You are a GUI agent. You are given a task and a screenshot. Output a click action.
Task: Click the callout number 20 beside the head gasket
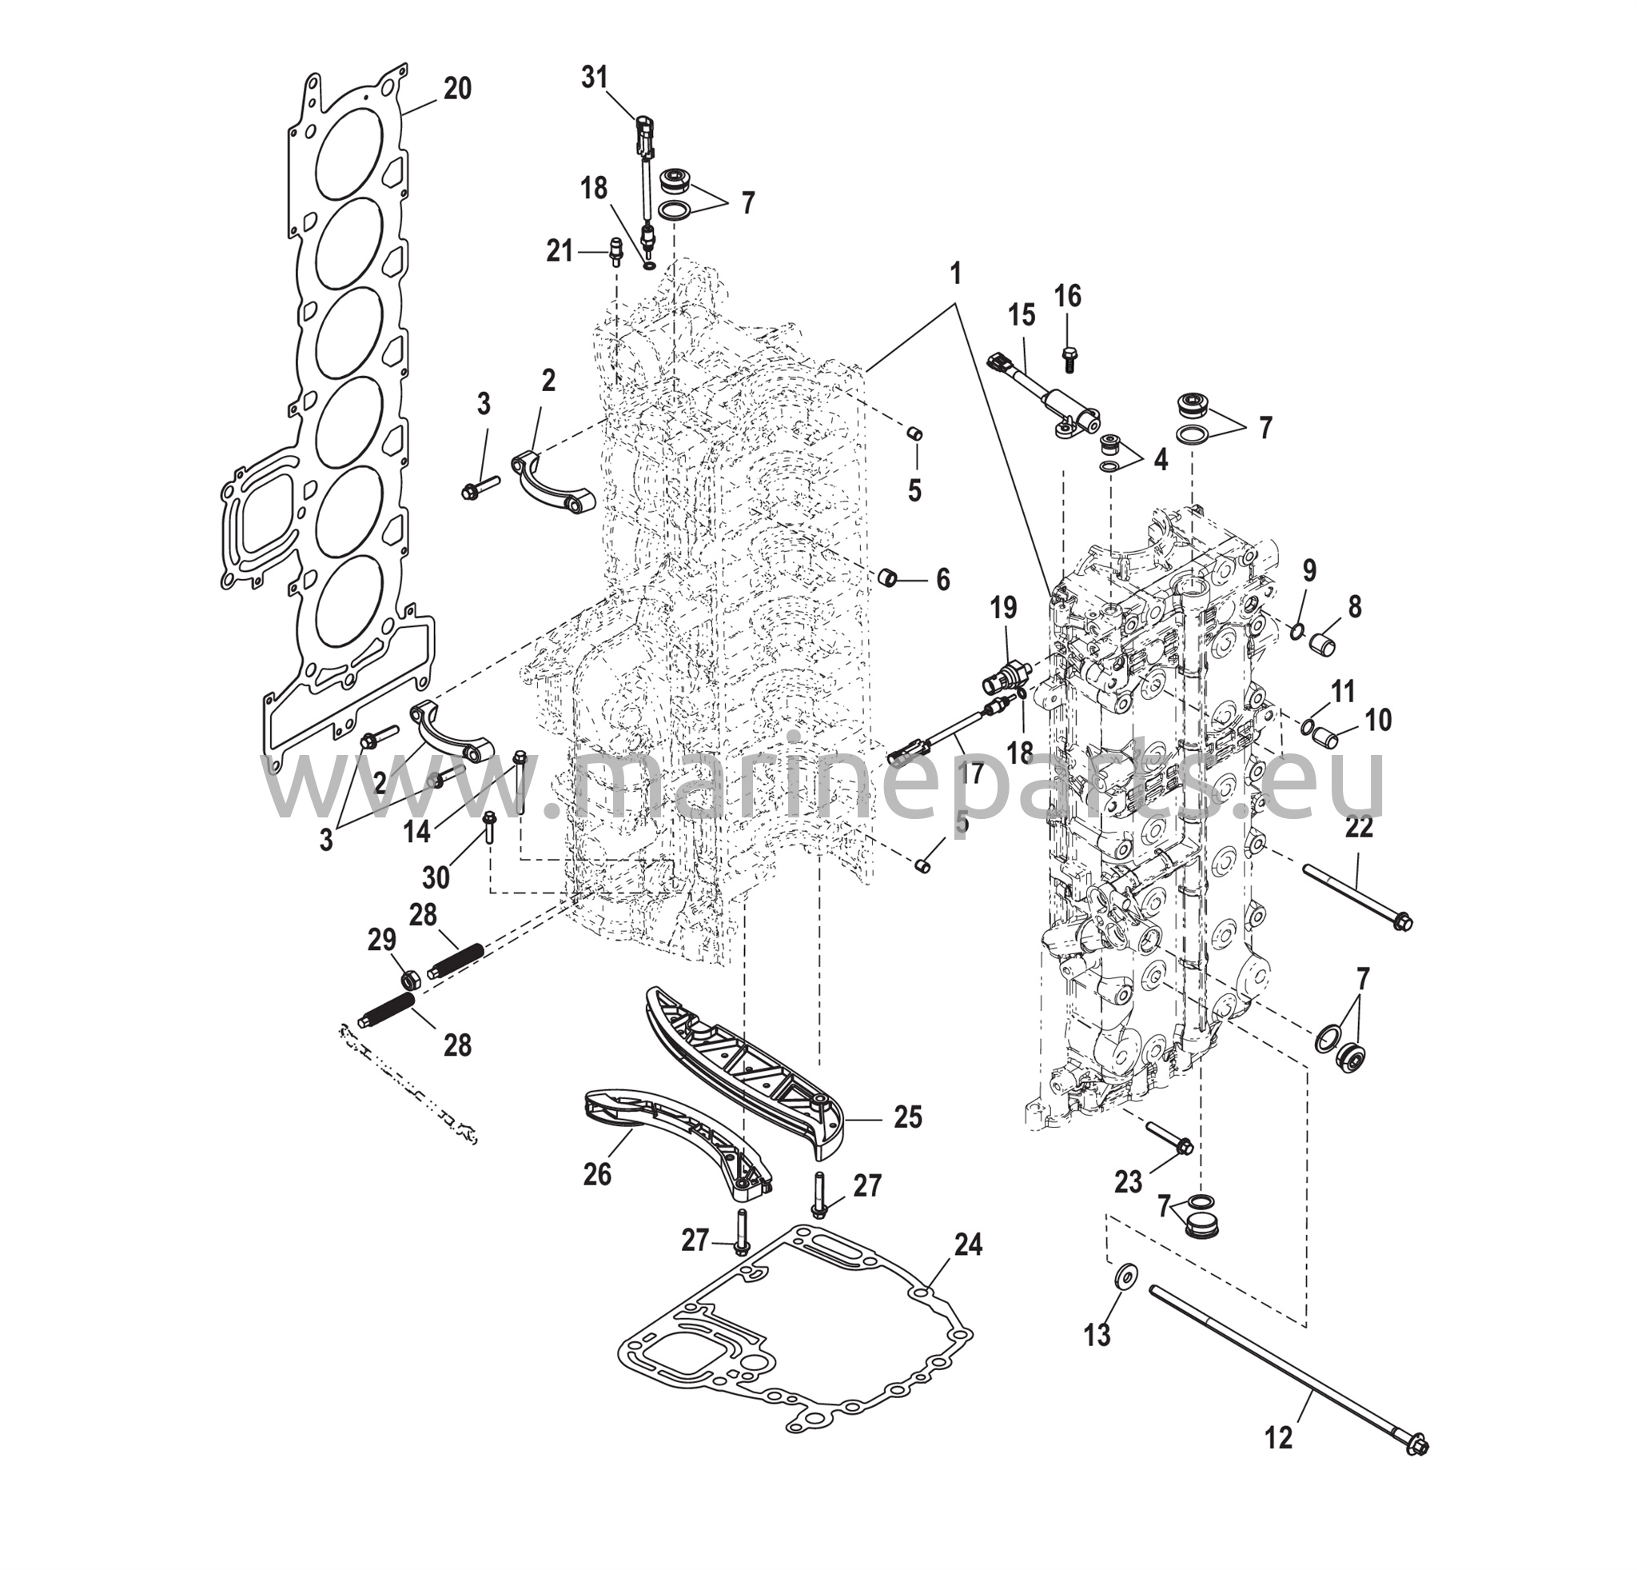[457, 89]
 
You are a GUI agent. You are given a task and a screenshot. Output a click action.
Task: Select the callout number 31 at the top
[594, 77]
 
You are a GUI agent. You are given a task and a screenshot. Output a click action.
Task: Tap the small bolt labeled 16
[1069, 359]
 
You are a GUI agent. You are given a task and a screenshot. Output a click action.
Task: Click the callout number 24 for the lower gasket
[968, 1245]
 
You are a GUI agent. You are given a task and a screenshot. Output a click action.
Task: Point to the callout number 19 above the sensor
[1004, 609]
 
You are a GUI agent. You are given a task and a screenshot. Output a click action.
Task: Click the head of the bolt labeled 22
[1403, 922]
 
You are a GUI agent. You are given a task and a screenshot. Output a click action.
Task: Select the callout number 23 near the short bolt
[1128, 1183]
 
